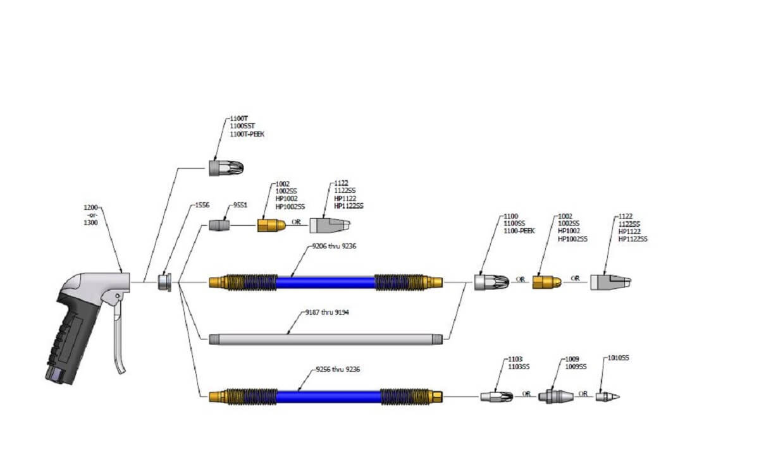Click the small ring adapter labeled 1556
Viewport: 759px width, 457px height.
pyautogui.click(x=165, y=282)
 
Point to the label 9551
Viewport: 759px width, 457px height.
pyautogui.click(x=241, y=205)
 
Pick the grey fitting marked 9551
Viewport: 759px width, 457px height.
pyautogui.click(x=218, y=225)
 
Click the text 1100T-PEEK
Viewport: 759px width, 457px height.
pyautogui.click(x=247, y=134)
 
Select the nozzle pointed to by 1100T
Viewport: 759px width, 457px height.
pyautogui.click(x=226, y=168)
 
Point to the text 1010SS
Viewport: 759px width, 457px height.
pyautogui.click(x=619, y=358)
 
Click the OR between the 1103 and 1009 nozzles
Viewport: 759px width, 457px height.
pyautogui.click(x=526, y=394)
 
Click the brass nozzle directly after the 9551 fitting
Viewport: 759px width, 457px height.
pyautogui.click(x=272, y=225)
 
